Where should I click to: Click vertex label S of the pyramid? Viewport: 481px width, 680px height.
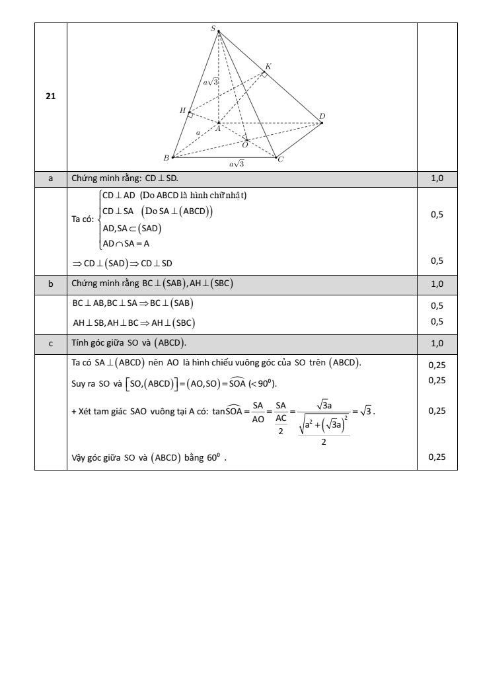pyautogui.click(x=213, y=28)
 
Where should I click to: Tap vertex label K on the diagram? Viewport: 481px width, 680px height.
pyautogui.click(x=268, y=66)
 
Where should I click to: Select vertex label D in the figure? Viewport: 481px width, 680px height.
pyautogui.click(x=322, y=116)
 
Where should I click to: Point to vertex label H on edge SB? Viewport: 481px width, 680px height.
pyautogui.click(x=182, y=110)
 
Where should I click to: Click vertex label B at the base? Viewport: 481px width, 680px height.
pyautogui.click(x=166, y=158)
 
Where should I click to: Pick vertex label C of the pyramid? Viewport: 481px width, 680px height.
pyautogui.click(x=281, y=159)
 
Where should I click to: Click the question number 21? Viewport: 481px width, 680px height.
pyautogui.click(x=50, y=96)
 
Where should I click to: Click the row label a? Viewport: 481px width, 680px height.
pyautogui.click(x=50, y=178)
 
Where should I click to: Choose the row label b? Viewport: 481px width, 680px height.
pyautogui.click(x=50, y=283)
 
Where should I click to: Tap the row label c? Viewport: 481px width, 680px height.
pyautogui.click(x=50, y=343)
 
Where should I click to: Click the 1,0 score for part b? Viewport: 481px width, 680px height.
pyautogui.click(x=437, y=283)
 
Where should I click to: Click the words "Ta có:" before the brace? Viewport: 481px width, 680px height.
pyautogui.click(x=83, y=219)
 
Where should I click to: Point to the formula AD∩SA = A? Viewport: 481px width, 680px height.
pyautogui.click(x=126, y=243)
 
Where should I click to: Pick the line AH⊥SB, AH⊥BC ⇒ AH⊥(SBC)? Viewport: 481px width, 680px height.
pyautogui.click(x=134, y=322)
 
